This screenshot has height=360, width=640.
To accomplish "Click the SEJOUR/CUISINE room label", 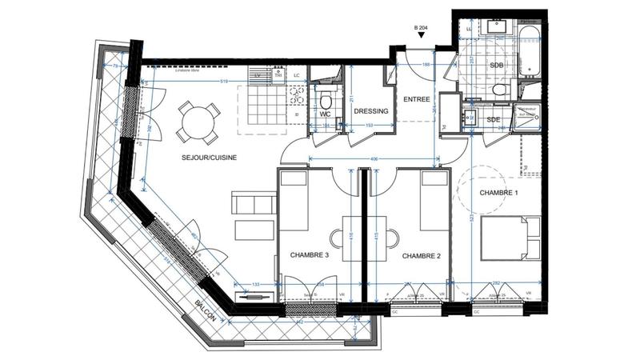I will (186, 158).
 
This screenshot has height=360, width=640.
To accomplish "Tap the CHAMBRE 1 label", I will (499, 194).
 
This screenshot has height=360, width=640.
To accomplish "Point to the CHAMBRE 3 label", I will (309, 256).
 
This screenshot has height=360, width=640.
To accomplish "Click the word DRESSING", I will (371, 111).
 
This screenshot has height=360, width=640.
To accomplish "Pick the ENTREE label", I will (416, 100).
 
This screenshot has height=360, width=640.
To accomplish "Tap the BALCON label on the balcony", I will (206, 311).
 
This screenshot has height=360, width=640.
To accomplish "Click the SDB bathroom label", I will (497, 65).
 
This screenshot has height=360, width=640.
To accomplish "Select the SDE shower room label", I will (493, 120).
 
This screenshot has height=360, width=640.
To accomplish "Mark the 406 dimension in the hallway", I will (374, 159).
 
